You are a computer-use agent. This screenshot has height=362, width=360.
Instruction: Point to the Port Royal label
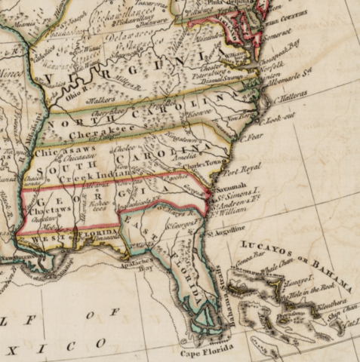[x=243, y=169]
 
